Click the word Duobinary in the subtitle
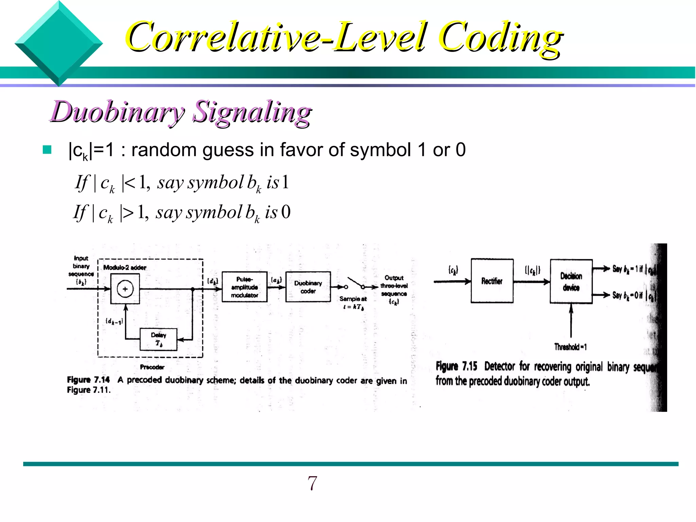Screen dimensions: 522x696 (117, 112)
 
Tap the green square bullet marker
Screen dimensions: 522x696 (47, 150)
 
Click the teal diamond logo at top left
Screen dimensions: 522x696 (59, 43)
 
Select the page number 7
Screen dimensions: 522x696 (312, 483)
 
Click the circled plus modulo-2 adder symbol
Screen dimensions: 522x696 (125, 289)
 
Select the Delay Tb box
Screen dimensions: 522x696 (158, 339)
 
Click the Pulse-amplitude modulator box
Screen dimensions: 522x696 (244, 287)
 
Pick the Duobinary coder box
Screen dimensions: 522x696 (308, 287)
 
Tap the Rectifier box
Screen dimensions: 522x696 (492, 281)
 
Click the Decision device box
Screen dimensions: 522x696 (571, 281)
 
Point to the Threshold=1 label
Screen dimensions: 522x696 (570, 347)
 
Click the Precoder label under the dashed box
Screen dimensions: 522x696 (152, 367)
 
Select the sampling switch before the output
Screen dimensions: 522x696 (355, 283)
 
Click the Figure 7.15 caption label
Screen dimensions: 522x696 (456, 366)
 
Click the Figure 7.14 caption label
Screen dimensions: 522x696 (88, 380)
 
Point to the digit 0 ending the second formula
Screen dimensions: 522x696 (286, 212)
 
